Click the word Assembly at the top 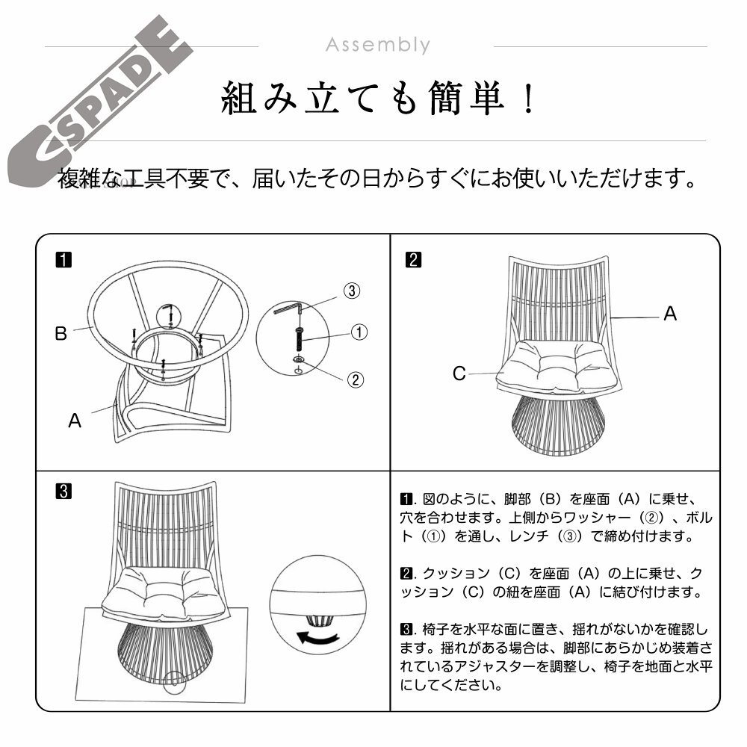(x=378, y=46)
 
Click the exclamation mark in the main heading (x=528, y=98)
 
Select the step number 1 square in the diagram (x=63, y=260)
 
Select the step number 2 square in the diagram (x=413, y=260)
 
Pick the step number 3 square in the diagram (x=63, y=492)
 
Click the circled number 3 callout (x=352, y=291)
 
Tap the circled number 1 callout (x=359, y=332)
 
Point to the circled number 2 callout (x=356, y=379)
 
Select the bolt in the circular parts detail (x=300, y=338)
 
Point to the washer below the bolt (x=299, y=359)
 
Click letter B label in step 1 (x=61, y=333)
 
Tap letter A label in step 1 (x=75, y=421)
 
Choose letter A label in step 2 (x=670, y=314)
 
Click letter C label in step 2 (x=459, y=373)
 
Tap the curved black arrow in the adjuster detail (x=317, y=637)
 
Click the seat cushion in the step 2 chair (x=557, y=366)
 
